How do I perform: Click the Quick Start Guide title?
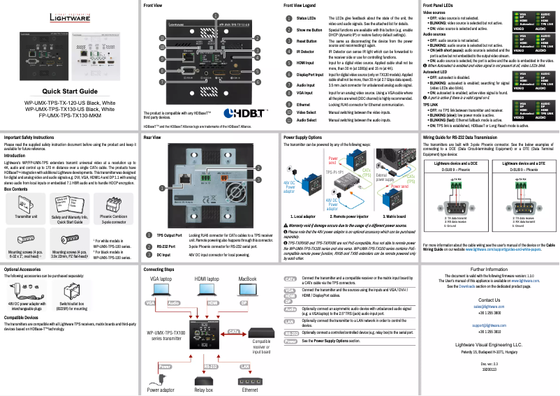coord(69,91)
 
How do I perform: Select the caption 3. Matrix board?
coord(395,217)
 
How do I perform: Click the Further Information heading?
coord(489,269)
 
